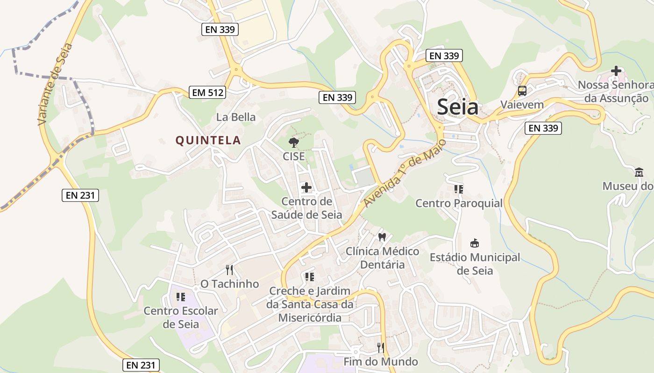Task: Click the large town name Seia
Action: (458, 107)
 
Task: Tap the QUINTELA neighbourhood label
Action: (208, 140)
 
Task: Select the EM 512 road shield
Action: (208, 92)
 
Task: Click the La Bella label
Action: (236, 117)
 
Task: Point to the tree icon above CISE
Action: (293, 143)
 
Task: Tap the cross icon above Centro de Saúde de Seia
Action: (306, 187)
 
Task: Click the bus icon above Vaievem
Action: (522, 91)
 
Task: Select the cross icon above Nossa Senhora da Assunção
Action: (616, 71)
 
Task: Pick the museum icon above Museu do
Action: (639, 173)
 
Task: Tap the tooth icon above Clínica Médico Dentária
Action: (382, 237)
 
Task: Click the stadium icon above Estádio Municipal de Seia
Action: (475, 243)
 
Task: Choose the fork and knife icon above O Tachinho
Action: (229, 269)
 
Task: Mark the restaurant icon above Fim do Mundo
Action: (381, 347)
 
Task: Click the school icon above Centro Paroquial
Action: (459, 189)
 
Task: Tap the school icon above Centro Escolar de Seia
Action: (181, 297)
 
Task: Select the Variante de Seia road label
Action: (55, 84)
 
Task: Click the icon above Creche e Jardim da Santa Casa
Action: (309, 277)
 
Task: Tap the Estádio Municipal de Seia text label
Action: (475, 264)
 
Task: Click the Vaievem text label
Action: (522, 104)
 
